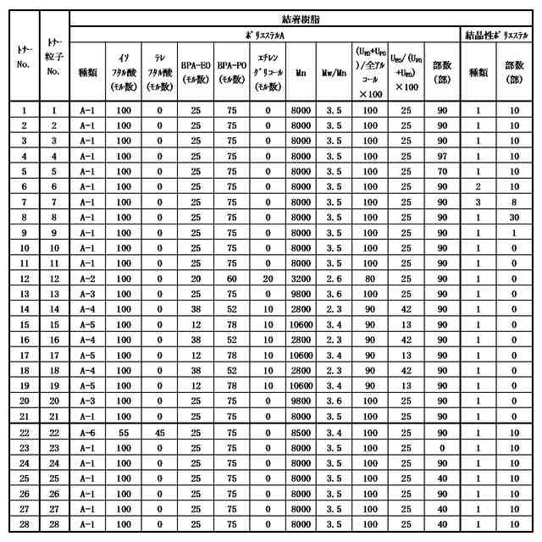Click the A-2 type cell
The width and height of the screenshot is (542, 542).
tap(87, 279)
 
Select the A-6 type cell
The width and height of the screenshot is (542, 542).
tap(87, 433)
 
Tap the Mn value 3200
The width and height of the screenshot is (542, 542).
tap(301, 279)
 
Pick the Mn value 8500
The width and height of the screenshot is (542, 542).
tap(301, 433)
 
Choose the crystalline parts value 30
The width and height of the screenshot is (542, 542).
tap(514, 217)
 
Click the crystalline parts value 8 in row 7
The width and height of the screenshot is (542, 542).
tap(514, 202)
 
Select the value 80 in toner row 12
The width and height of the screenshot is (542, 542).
tap(371, 279)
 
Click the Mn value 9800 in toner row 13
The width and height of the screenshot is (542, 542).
tap(301, 294)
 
